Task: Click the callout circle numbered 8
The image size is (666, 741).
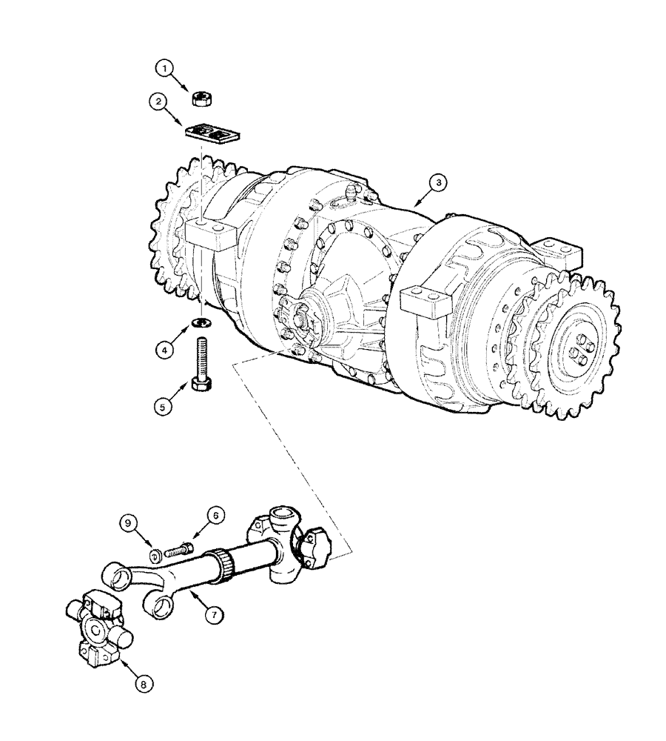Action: click(145, 684)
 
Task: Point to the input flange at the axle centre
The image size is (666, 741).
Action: click(299, 322)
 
